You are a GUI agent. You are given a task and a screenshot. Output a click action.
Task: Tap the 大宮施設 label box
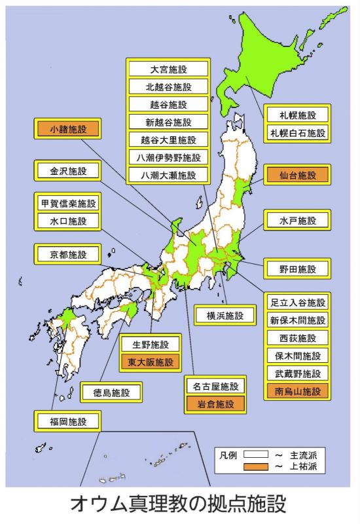[x=168, y=69]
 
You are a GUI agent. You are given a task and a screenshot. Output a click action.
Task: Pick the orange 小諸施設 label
[x=68, y=128]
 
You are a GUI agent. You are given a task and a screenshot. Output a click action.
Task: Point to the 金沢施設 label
[x=68, y=172]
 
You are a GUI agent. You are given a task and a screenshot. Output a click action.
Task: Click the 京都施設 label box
[x=68, y=254]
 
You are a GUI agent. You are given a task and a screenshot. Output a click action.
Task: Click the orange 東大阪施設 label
[x=151, y=362]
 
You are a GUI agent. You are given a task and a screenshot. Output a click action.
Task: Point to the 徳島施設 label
[x=112, y=393]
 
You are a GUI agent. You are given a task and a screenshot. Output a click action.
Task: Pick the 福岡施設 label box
[x=68, y=421]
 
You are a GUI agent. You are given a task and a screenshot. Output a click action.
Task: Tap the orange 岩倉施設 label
[x=215, y=403]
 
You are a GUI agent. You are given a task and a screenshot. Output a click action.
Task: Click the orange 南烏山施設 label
[x=298, y=392]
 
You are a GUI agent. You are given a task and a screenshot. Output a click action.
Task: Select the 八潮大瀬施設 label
[x=168, y=175]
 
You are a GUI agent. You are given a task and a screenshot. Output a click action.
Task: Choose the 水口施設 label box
[x=68, y=221]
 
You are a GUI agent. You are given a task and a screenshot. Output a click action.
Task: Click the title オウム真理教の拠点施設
[x=180, y=505]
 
